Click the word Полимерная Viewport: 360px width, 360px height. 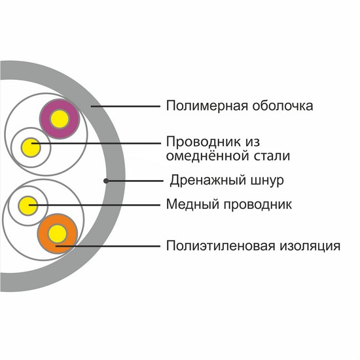[207, 106]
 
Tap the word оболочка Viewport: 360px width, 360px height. [283, 106]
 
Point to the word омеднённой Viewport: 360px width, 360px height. [207, 156]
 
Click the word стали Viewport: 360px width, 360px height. [272, 156]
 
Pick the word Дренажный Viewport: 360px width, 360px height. [207, 181]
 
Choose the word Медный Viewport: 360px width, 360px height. [192, 204]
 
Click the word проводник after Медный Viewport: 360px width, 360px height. [258, 204]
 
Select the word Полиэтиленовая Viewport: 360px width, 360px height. [221, 245]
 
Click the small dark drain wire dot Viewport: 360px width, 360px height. [106, 181]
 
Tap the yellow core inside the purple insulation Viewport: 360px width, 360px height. [60, 119]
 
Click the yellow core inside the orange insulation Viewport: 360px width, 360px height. [58, 234]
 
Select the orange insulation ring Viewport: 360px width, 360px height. [43, 234]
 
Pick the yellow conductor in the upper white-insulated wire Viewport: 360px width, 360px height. [31, 147]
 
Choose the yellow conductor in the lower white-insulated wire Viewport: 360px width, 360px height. [27, 206]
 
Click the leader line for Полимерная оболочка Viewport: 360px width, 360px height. [126, 106]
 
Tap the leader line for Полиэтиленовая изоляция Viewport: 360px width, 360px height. [108, 246]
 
